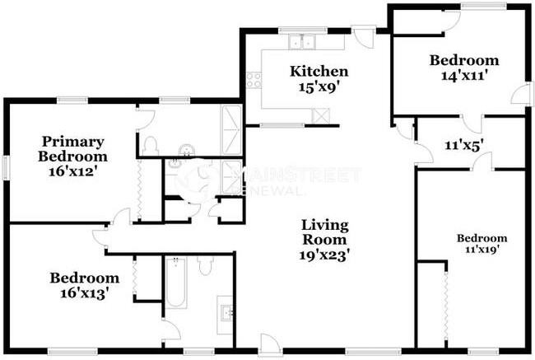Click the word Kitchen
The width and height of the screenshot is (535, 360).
(x=319, y=72)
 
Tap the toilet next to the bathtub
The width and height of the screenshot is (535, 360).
(x=205, y=265)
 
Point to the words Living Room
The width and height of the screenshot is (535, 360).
(x=324, y=231)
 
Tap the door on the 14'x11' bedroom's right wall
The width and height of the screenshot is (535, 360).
(x=520, y=95)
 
